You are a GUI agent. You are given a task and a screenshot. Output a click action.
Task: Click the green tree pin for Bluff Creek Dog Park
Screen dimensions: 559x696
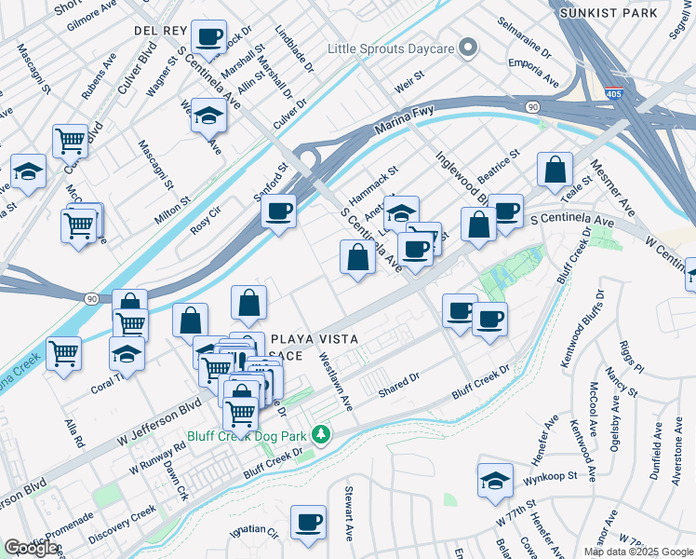pos(321,434)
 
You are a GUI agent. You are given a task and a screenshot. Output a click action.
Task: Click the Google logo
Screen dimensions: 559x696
pos(31,548)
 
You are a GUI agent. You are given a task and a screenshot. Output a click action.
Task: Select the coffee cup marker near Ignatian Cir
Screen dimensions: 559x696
pos(308,522)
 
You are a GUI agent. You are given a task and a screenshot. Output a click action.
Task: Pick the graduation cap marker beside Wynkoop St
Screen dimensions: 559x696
pos(495,480)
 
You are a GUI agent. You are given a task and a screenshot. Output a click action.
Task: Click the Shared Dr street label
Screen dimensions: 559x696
pos(399,385)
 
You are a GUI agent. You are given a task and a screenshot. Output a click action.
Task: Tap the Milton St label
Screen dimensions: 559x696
pos(173,198)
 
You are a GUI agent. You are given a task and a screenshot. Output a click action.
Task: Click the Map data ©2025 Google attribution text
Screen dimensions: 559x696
pos(638,551)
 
